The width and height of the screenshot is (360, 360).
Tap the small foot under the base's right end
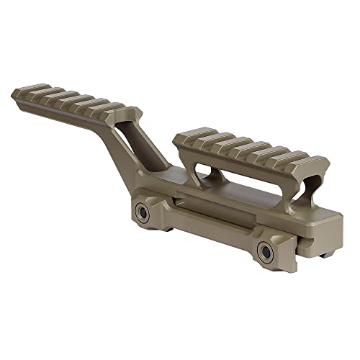(325, 252)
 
